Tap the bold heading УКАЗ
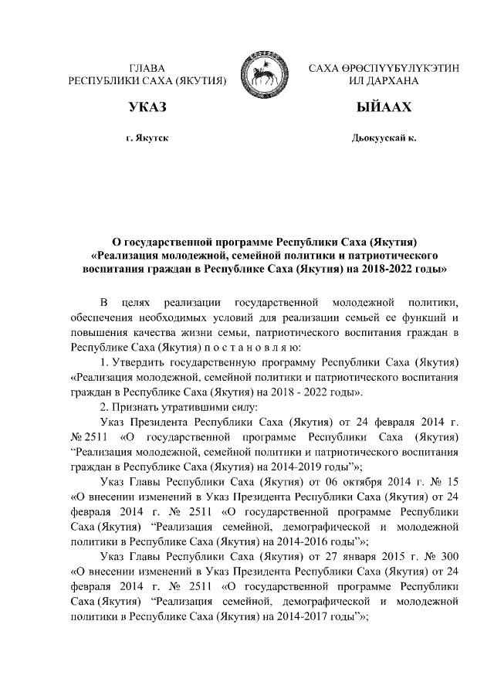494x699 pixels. (147, 106)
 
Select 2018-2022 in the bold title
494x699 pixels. (394, 270)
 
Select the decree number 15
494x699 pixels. (457, 480)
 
